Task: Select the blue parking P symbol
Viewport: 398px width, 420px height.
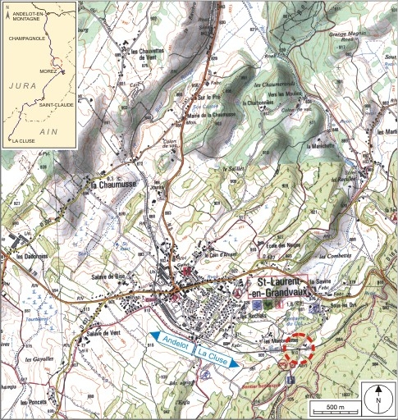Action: (x=291, y=380)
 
